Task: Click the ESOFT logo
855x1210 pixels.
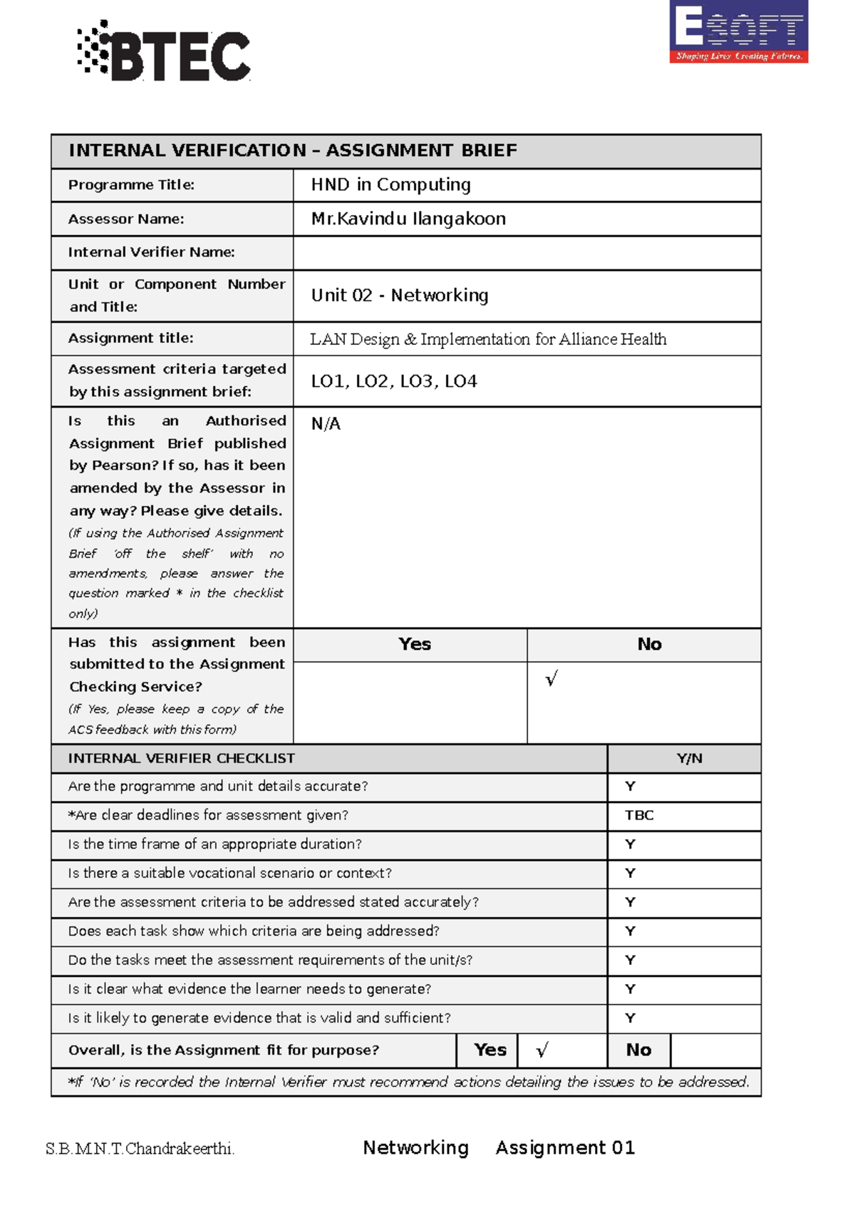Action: tap(738, 31)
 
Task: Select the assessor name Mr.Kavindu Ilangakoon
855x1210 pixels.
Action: tap(408, 219)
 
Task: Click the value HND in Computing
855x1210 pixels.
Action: tap(390, 185)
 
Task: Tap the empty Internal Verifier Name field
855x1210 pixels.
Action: tap(527, 253)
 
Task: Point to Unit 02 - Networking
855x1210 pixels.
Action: tap(400, 295)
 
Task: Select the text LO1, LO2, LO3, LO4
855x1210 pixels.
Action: tap(394, 381)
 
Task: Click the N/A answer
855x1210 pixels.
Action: tap(326, 424)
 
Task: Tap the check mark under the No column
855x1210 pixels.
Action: tap(551, 678)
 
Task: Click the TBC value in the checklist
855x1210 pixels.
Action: tap(639, 815)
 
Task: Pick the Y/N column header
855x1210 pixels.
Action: tap(689, 758)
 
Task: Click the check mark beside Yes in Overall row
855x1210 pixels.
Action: tap(542, 1050)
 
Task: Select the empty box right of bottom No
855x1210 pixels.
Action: tap(715, 1050)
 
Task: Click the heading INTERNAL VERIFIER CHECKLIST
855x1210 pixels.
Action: tap(181, 758)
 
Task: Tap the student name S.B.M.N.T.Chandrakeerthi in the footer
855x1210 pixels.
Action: tap(140, 1149)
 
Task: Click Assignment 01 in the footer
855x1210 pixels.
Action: tap(565, 1147)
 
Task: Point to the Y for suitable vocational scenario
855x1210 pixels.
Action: tap(630, 873)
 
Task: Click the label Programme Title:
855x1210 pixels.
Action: tap(131, 185)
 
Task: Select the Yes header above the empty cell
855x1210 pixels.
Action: tap(415, 644)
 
